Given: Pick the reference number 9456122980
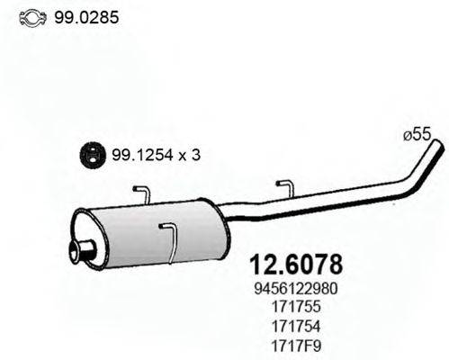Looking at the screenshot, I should coord(293,290).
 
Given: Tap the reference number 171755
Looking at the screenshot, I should coord(293,307).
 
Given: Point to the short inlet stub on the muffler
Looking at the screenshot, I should coord(83,249).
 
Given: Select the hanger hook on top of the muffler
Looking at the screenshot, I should coord(142,193).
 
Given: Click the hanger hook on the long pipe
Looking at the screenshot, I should coord(285,187).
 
